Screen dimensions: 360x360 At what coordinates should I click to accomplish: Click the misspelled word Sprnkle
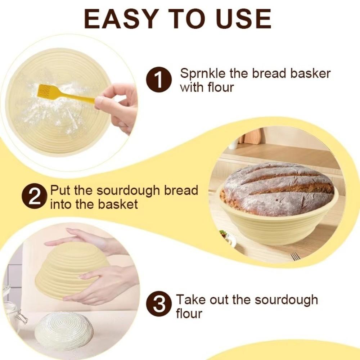pos(203,73)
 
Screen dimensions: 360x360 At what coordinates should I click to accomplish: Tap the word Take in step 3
pos(190,300)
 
